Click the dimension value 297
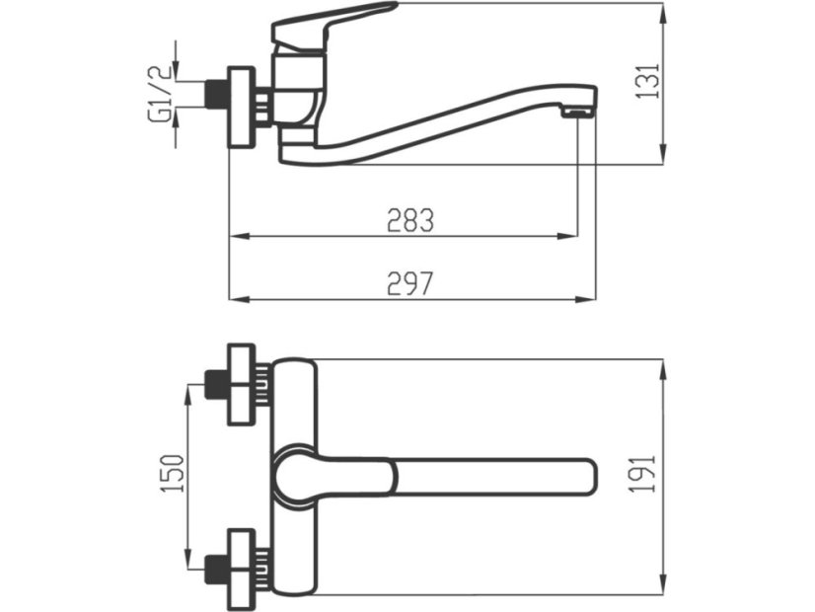click(x=408, y=283)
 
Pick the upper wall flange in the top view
click(x=242, y=384)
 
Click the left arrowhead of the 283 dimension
click(x=236, y=237)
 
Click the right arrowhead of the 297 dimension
click(x=591, y=299)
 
